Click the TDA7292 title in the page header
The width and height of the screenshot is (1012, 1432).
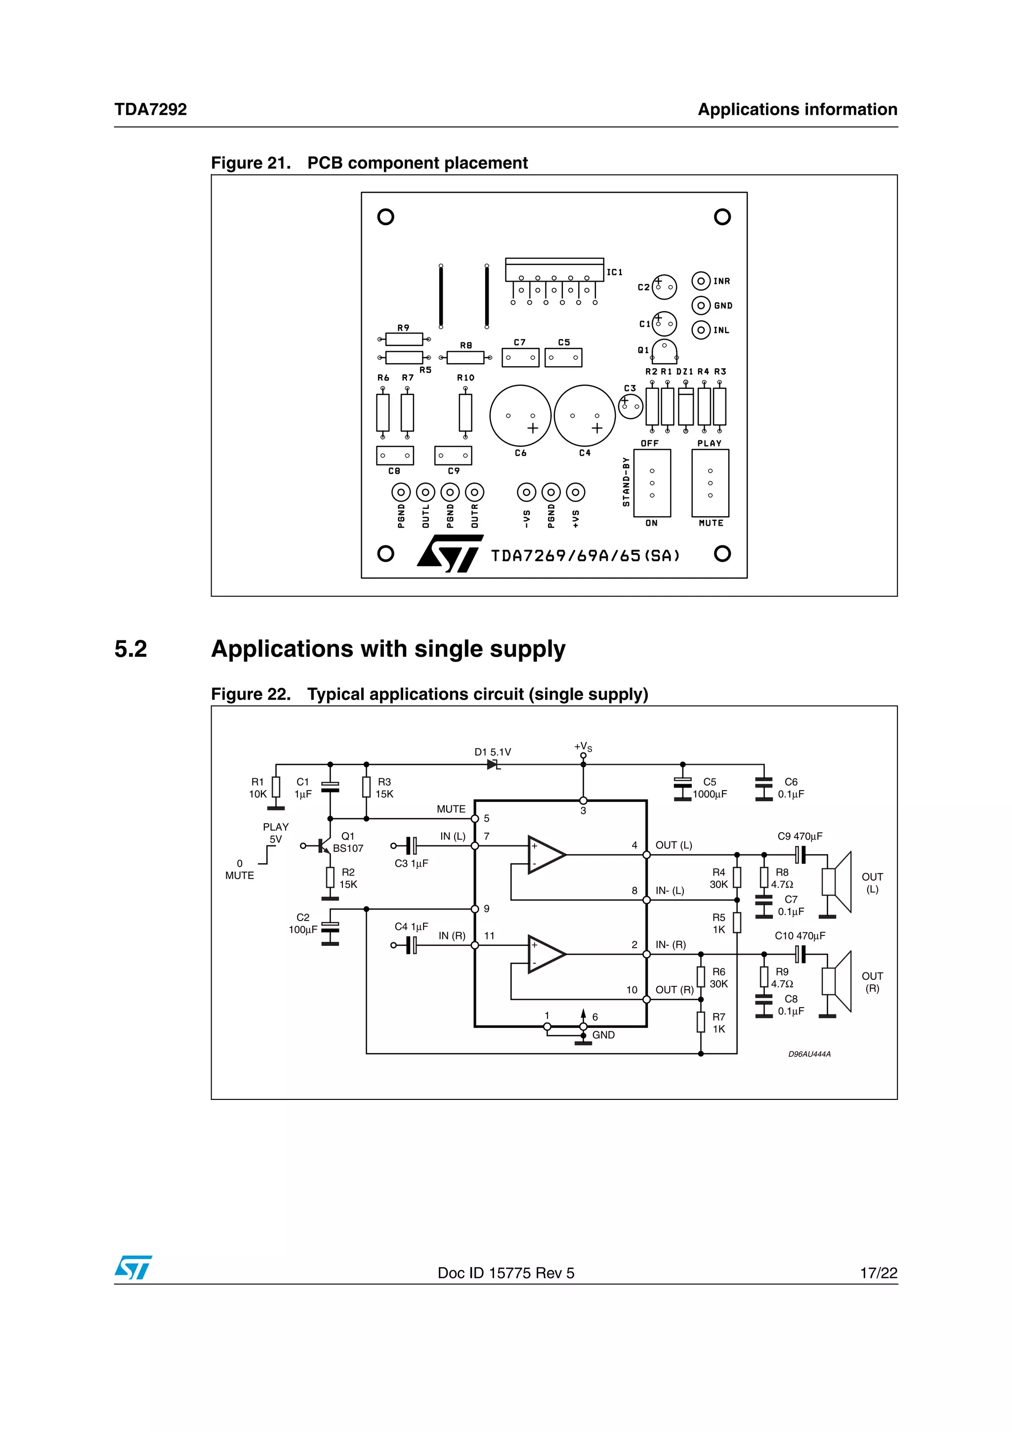[150, 109]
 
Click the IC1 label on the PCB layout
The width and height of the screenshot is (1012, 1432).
[614, 272]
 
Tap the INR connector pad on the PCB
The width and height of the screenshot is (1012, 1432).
[701, 281]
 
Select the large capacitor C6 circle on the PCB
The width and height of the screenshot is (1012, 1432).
[520, 416]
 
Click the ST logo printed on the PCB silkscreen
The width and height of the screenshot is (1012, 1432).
[449, 553]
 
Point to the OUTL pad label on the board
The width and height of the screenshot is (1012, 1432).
[426, 516]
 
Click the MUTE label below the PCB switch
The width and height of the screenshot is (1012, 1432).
[711, 523]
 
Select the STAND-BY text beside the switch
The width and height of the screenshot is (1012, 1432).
[626, 481]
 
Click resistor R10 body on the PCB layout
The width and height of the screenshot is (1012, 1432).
[465, 412]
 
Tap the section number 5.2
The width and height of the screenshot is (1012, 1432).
[130, 649]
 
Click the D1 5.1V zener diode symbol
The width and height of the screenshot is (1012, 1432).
[493, 764]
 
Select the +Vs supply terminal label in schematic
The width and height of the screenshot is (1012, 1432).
[583, 747]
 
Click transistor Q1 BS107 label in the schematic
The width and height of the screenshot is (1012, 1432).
[347, 842]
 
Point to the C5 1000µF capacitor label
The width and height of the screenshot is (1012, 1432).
[710, 788]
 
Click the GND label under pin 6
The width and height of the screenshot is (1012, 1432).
[603, 1035]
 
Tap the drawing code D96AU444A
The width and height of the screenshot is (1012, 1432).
[809, 1054]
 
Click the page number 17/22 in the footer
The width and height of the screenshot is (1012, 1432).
[878, 1273]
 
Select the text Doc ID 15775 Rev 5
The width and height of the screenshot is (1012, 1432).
[506, 1273]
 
